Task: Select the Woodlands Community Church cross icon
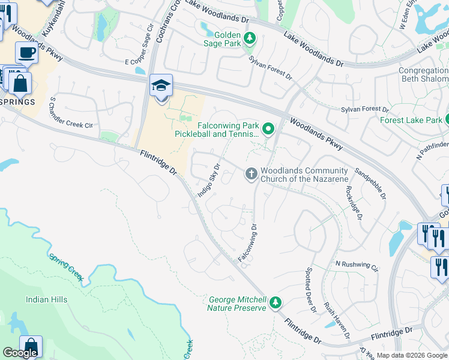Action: (x=251, y=175)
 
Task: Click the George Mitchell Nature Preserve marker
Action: (x=275, y=302)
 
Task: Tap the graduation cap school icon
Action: (x=161, y=85)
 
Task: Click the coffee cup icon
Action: (x=26, y=53)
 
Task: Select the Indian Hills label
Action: (x=46, y=299)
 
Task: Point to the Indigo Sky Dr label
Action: (x=209, y=179)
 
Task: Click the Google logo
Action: (x=20, y=353)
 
